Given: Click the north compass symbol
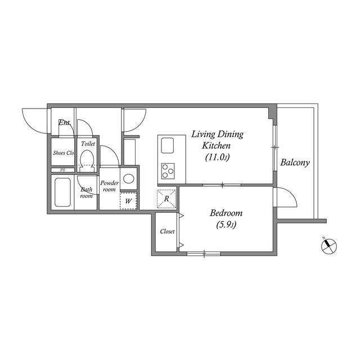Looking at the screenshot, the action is (328, 246).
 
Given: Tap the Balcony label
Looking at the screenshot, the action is (295, 163).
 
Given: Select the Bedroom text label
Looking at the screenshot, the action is (226, 213).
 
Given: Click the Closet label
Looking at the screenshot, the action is (168, 231).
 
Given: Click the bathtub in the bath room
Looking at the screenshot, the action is (62, 192).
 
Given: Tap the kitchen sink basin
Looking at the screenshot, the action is (168, 145).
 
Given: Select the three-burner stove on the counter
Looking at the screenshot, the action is (168, 171).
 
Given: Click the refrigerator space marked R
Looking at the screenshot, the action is (166, 199).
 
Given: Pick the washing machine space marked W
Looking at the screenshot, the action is (128, 201).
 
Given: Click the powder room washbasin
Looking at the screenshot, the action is (129, 178).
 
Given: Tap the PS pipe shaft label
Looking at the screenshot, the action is (62, 170).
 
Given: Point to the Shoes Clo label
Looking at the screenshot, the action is (64, 153).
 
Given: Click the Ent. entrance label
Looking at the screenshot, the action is (64, 123).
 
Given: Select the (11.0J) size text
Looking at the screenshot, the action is (217, 157).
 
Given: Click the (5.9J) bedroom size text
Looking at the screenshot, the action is (226, 225).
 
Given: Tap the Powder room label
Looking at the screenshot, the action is (109, 186).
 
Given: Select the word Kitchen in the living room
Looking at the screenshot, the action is (216, 146).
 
